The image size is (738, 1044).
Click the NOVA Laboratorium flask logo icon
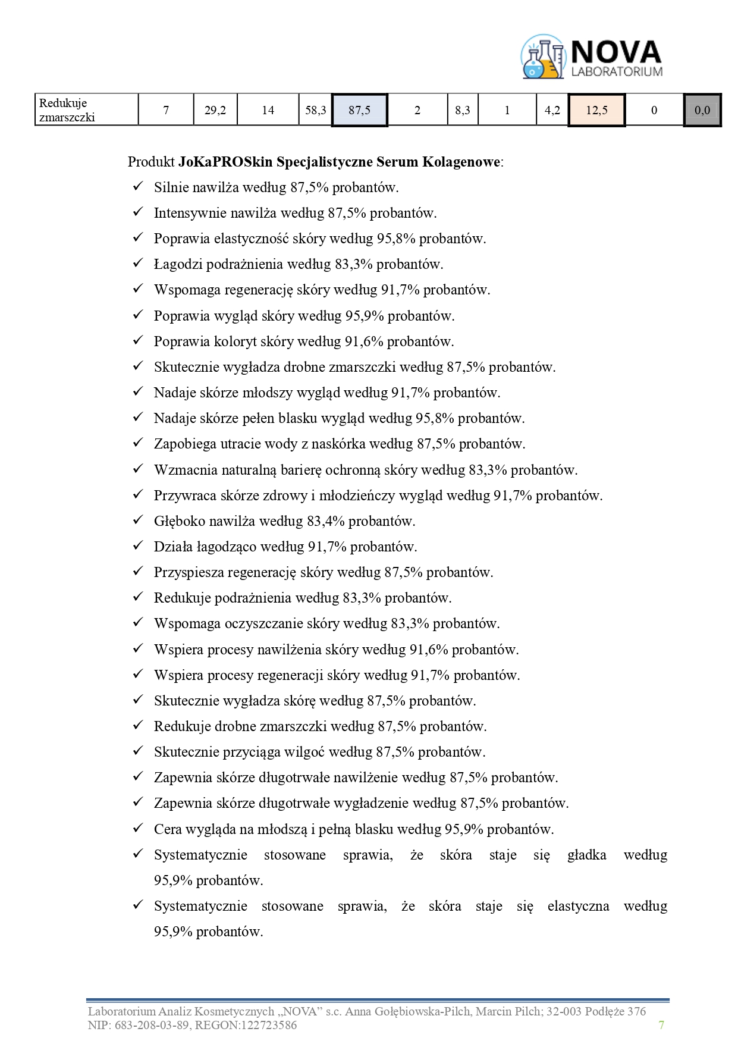coord(542,57)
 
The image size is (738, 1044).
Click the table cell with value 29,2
coord(215,110)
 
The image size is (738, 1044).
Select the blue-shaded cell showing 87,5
coord(359,110)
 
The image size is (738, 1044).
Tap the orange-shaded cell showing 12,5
coord(596,110)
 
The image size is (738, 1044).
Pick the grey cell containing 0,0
coord(702,110)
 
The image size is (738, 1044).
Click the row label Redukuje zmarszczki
coord(67,110)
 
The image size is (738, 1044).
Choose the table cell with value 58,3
coord(315,110)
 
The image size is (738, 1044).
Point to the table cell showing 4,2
coord(552,110)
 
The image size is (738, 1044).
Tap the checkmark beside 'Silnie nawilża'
coord(138,187)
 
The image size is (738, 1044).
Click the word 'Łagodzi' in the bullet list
coord(175,264)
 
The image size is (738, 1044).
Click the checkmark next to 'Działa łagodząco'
coord(138,546)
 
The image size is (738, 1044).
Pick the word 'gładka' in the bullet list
coord(586,855)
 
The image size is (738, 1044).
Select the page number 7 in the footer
coord(661,1024)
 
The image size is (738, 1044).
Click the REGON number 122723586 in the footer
coord(263,1025)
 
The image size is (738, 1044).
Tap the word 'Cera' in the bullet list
coord(167,829)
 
